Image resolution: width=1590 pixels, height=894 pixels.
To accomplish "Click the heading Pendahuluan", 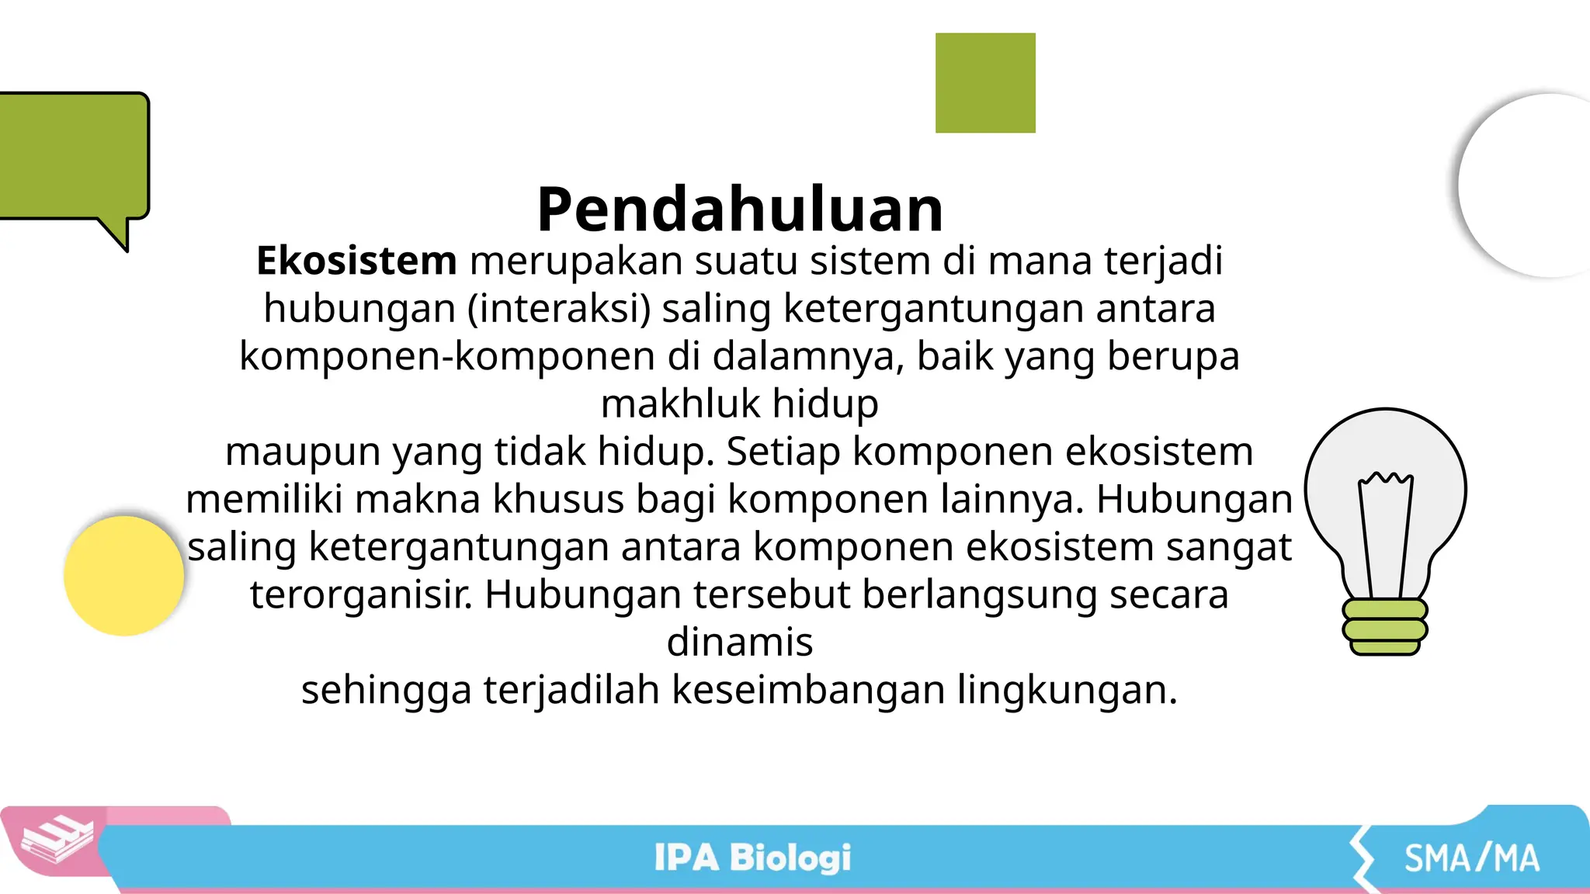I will point(740,210).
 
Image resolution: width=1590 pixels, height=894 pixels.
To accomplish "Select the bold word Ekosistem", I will point(356,261).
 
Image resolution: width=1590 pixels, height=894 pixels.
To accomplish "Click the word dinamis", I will point(740,642).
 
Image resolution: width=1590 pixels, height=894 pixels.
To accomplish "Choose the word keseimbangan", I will point(807,689).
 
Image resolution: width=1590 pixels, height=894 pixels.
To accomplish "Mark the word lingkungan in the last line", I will point(1067,691).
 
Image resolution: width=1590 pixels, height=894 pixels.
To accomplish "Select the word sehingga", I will point(386,691).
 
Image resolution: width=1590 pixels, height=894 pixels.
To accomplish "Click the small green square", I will point(985,83).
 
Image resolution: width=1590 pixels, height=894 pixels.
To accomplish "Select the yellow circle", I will point(124,576).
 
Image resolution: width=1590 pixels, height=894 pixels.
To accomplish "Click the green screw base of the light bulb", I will point(1385,627).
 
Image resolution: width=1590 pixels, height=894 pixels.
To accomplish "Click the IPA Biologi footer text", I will point(752,858).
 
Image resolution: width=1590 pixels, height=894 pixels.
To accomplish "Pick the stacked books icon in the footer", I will point(57,840).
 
